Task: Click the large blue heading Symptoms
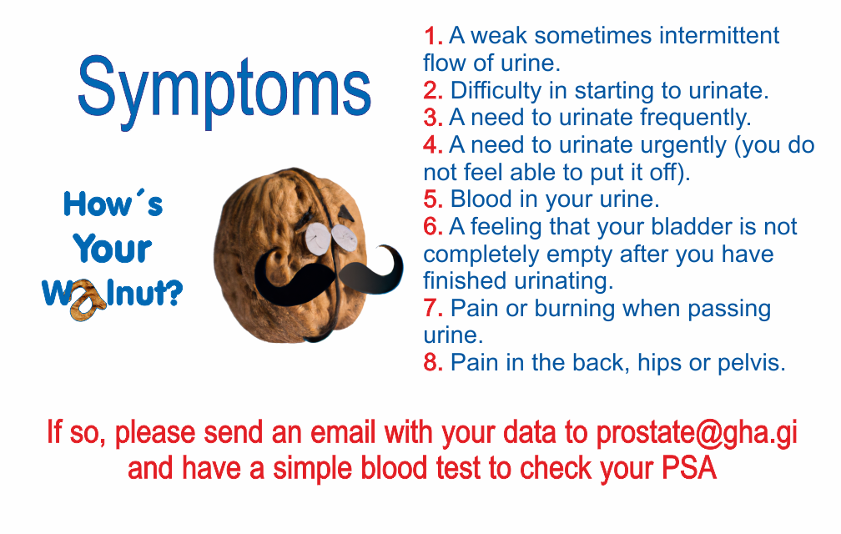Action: pyautogui.click(x=224, y=91)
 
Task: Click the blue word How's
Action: pyautogui.click(x=113, y=204)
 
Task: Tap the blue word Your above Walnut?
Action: pyautogui.click(x=113, y=249)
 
